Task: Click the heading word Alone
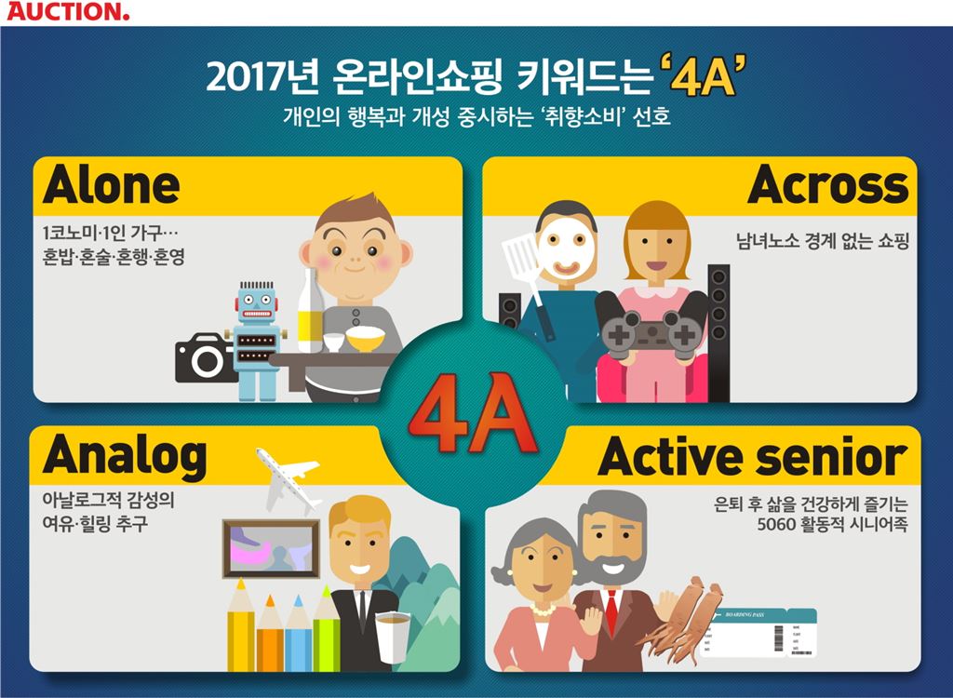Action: pos(111,184)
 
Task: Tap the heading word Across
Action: pos(827,185)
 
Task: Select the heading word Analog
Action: pos(124,455)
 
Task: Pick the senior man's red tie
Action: pos(611,611)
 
